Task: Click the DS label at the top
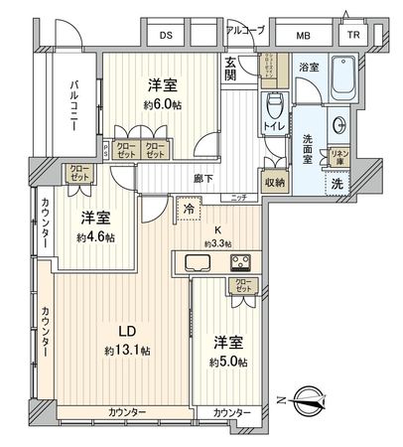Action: click(165, 36)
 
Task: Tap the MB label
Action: click(303, 36)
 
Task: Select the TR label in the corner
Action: click(352, 36)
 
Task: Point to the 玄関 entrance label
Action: click(230, 71)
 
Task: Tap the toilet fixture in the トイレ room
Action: click(275, 106)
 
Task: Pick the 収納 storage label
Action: click(275, 182)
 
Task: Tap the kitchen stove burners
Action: click(241, 264)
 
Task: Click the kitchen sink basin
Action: click(195, 264)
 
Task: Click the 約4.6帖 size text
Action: click(96, 237)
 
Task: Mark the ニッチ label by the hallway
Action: click(239, 197)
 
